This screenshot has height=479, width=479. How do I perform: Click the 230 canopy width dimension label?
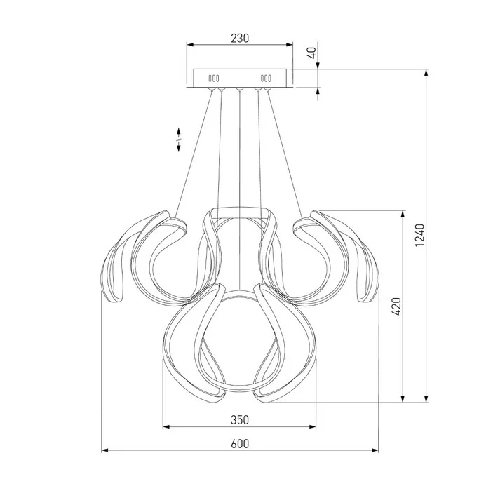point(240,39)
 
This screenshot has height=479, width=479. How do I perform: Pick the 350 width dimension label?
point(240,420)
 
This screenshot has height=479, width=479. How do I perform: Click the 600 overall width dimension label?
point(240,443)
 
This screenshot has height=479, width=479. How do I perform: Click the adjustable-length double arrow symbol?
point(179,139)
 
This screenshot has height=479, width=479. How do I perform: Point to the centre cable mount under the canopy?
point(240,89)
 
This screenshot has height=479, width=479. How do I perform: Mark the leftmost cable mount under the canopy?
point(211,89)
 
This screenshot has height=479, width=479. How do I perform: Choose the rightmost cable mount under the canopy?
point(268,89)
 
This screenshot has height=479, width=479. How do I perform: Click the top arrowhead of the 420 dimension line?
point(403,212)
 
